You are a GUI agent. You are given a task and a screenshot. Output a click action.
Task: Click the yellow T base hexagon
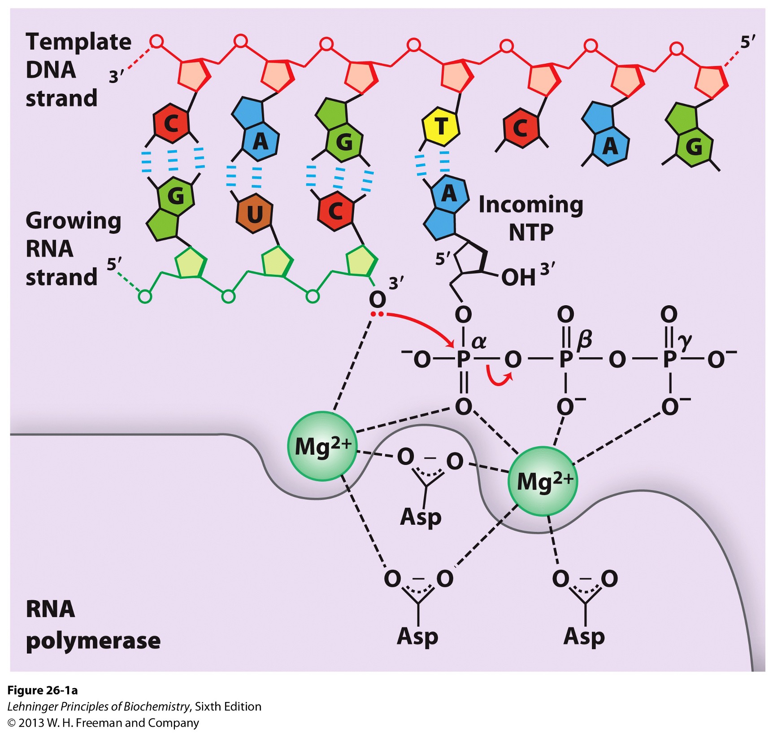click(x=441, y=127)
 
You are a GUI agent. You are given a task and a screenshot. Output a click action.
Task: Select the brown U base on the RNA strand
click(x=254, y=214)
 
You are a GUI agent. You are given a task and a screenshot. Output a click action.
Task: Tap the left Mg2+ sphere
click(x=322, y=446)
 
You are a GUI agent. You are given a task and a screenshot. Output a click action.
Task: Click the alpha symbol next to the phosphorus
click(x=479, y=342)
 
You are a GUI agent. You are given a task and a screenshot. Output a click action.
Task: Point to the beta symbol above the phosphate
click(x=584, y=340)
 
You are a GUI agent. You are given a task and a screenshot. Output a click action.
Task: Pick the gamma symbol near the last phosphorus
click(x=685, y=342)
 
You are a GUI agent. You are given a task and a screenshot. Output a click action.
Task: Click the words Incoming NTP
click(x=531, y=218)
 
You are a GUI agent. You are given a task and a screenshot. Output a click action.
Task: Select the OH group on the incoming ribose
click(x=518, y=278)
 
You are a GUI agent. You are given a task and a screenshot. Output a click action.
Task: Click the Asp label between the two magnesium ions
click(x=421, y=517)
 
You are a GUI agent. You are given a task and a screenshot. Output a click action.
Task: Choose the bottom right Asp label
click(x=584, y=636)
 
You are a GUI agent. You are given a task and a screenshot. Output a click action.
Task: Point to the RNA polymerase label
click(x=92, y=624)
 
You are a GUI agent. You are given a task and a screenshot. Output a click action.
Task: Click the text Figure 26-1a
click(x=43, y=690)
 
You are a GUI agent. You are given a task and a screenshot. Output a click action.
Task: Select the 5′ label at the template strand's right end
click(x=747, y=43)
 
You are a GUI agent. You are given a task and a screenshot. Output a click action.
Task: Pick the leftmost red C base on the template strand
click(x=171, y=123)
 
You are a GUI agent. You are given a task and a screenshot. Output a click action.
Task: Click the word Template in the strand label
click(x=78, y=42)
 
